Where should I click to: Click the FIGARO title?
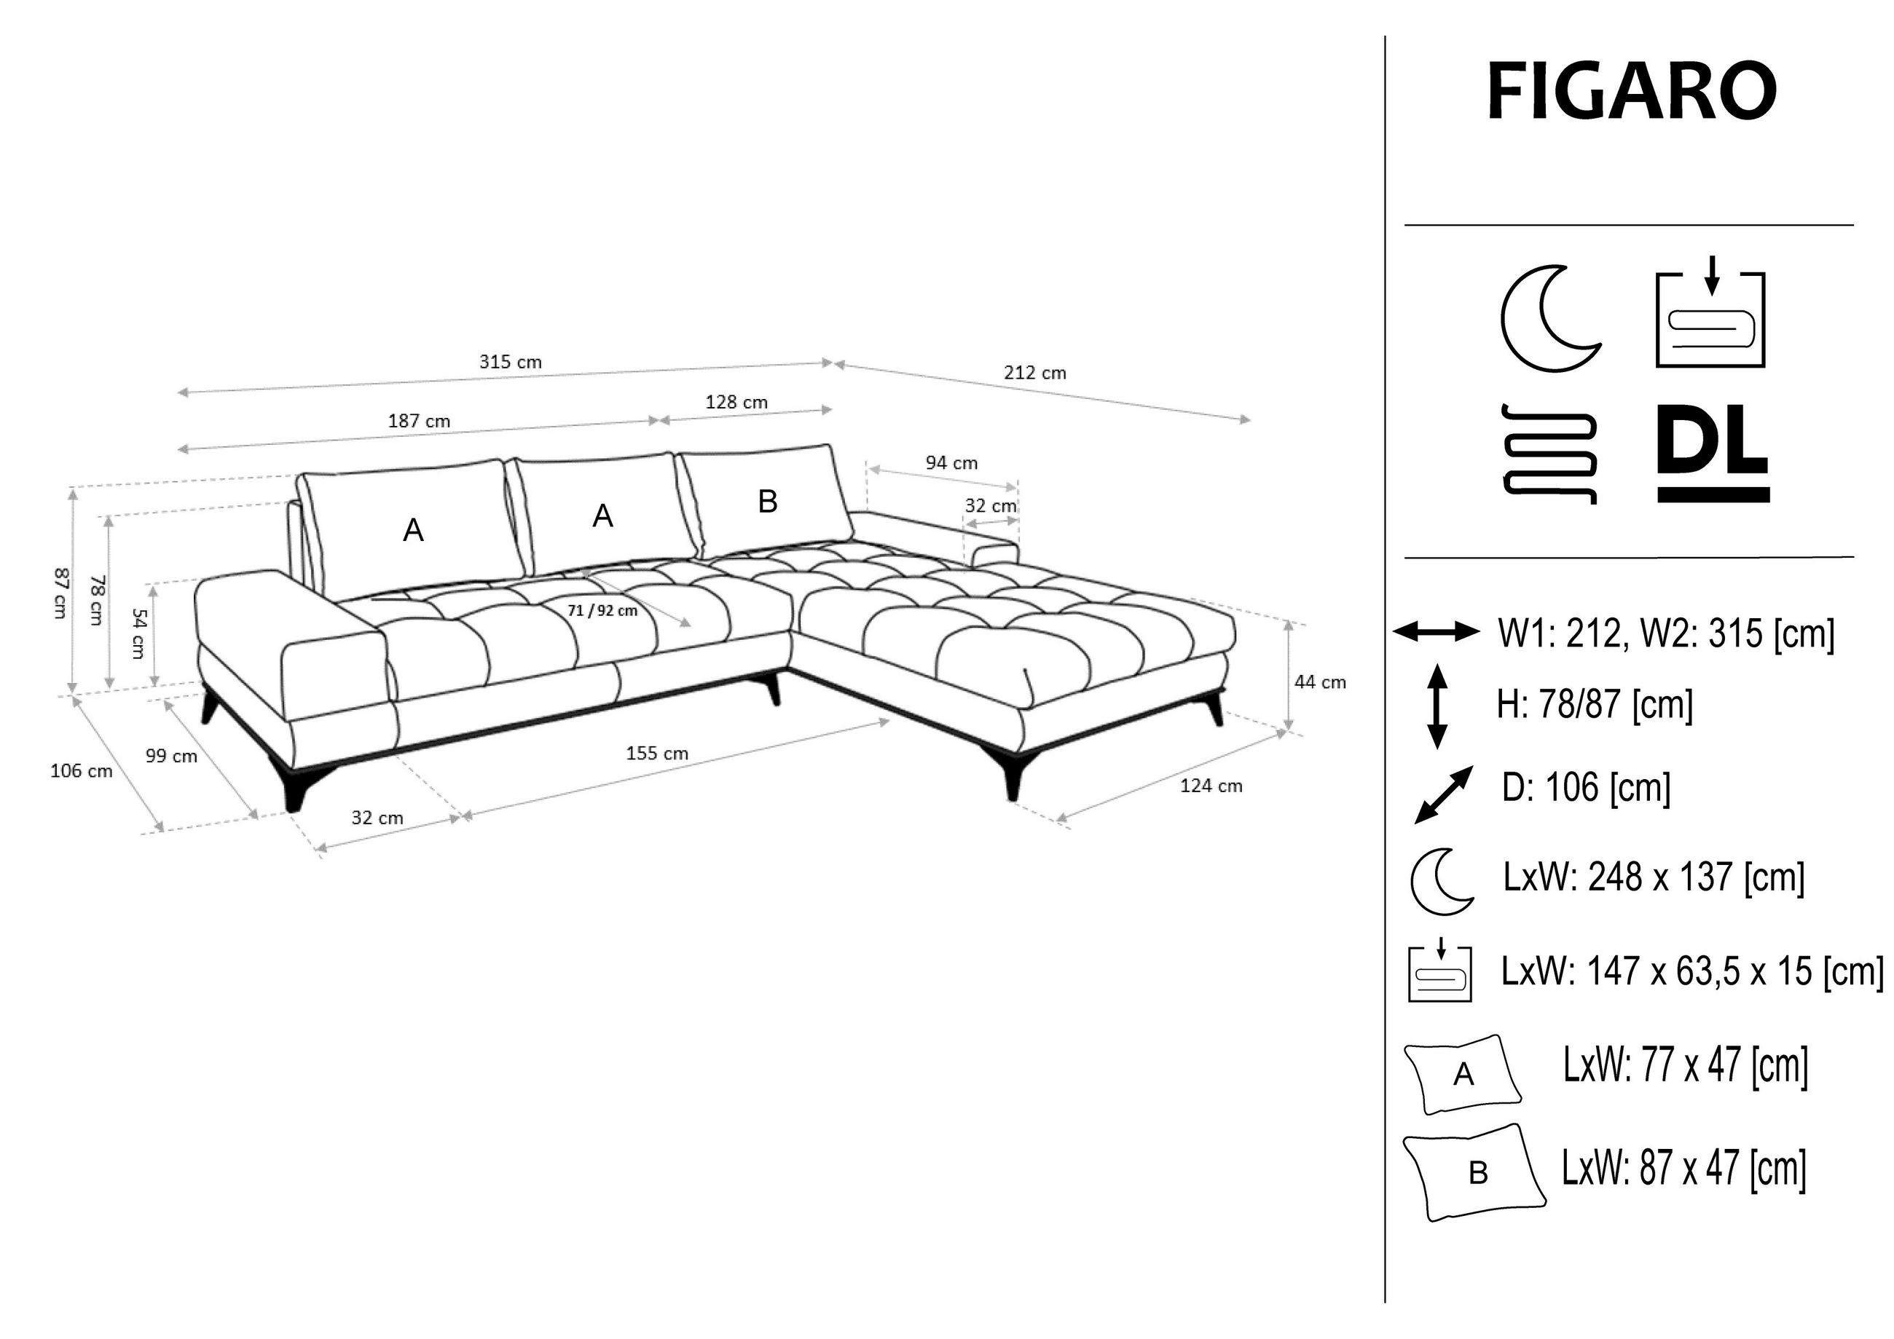1631,92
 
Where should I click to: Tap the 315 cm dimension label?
510,361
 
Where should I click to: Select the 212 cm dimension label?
1034,373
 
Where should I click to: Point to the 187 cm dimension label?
419,421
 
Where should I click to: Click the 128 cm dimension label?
736,403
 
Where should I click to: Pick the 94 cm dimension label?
951,462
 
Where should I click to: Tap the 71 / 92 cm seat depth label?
602,611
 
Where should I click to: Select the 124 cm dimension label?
1210,786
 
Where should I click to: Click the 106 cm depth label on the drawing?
81,771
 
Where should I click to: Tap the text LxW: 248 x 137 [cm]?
1653,877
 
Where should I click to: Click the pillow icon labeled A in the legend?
1463,1073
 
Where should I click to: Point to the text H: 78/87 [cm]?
1594,705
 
